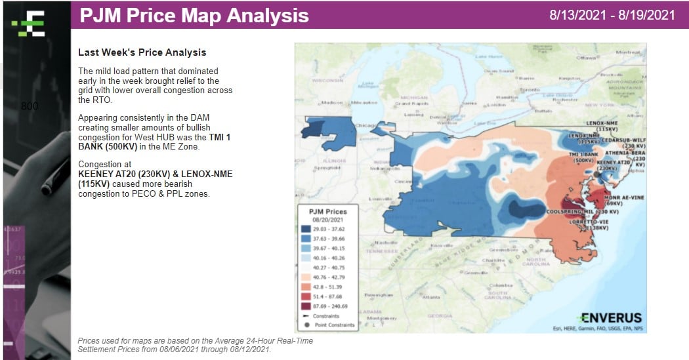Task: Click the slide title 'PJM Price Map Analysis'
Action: (194, 15)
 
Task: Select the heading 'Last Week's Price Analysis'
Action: (142, 52)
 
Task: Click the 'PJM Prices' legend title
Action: (326, 212)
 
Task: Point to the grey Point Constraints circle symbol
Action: (308, 325)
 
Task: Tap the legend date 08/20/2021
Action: (327, 220)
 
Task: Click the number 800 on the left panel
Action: (30, 106)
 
